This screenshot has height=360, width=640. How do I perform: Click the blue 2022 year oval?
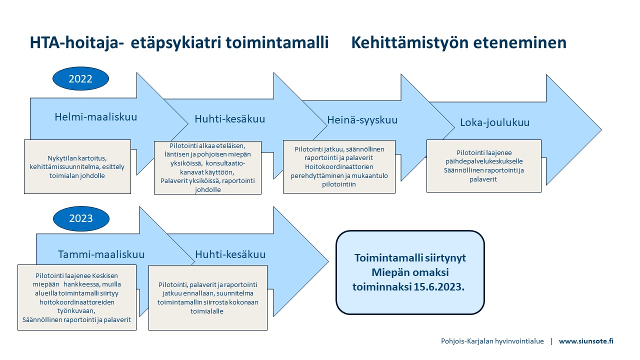80,78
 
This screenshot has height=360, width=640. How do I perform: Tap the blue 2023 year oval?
81,218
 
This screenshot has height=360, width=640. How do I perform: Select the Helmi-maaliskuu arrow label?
95,117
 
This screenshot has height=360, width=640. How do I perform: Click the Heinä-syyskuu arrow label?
362,120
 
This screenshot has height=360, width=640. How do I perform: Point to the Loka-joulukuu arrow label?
494,122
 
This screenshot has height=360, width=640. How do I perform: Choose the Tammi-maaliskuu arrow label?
101,254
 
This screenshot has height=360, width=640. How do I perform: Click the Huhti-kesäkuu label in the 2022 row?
229,119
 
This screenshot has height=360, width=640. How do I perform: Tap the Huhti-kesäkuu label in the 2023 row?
230,254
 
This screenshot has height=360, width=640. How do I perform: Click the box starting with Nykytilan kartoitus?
77,167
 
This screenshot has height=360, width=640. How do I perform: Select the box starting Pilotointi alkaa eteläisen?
207,167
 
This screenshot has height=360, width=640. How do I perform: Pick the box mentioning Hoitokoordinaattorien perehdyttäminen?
339,166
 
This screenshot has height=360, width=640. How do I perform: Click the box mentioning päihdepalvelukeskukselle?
484,166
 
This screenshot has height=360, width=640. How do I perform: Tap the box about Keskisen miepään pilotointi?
77,297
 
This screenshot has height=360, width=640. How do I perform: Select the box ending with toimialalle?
208,297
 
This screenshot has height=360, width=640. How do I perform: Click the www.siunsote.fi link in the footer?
586,341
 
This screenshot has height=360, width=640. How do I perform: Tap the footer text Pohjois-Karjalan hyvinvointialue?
492,341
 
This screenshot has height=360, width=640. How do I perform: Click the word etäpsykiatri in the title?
176,43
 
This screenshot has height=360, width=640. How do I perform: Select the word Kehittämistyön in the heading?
410,43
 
